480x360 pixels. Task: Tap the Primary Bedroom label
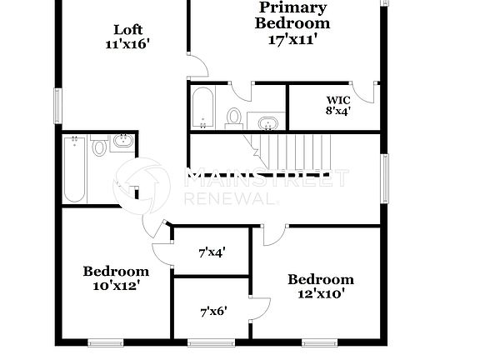[x=292, y=15]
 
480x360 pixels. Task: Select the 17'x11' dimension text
[x=292, y=39]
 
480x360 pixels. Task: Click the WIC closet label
[x=337, y=97]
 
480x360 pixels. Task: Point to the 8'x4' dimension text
[x=337, y=110]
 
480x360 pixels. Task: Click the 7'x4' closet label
[x=212, y=251]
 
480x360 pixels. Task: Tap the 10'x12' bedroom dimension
[x=116, y=285]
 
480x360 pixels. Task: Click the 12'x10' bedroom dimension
[x=321, y=293]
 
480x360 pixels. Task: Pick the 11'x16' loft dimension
[x=126, y=44]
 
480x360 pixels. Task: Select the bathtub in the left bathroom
[x=74, y=170]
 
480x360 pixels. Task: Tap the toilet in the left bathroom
[x=100, y=147]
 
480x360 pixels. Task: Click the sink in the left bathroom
[x=123, y=141]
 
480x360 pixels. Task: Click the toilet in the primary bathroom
[x=234, y=117]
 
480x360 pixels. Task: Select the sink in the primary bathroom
[x=267, y=123]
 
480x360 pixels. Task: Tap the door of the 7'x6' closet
[x=260, y=307]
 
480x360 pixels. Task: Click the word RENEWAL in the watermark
[x=230, y=199]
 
